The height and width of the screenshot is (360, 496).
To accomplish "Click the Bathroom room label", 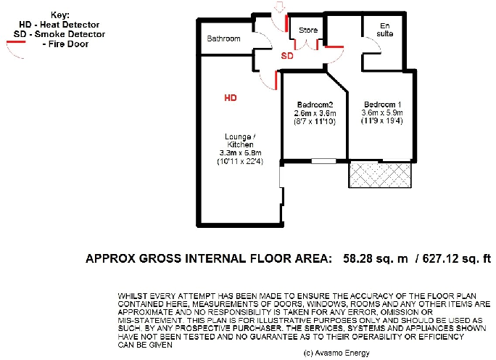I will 223,38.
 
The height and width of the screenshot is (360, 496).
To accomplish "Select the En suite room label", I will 384,30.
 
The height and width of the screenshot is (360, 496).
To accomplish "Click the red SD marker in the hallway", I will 287,56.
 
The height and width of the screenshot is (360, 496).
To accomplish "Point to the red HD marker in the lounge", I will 230,97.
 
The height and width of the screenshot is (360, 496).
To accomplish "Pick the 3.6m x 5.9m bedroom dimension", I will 382,112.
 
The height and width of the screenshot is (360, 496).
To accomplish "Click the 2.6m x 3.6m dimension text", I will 314,112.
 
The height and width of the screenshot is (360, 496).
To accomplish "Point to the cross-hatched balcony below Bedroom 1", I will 381,174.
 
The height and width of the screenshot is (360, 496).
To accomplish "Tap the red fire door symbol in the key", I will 15,43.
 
